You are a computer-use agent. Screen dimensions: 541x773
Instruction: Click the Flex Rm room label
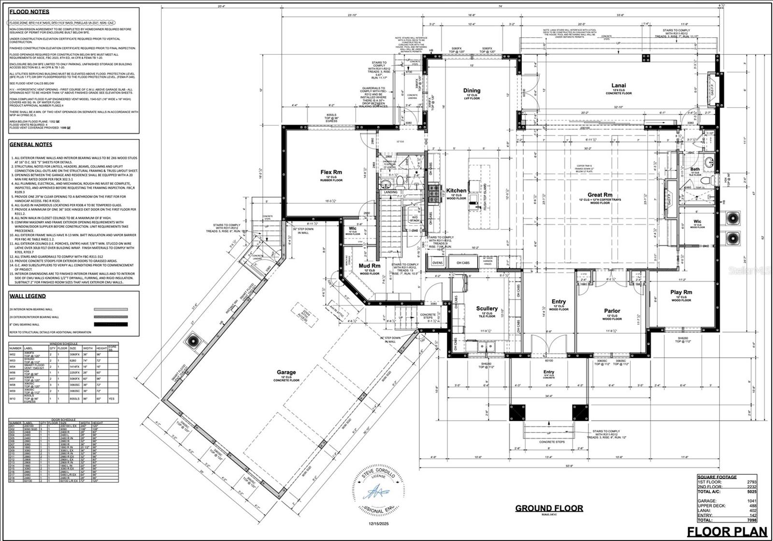331,172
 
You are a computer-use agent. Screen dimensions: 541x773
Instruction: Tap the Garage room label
286,372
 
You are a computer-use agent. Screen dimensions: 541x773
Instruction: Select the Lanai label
618,85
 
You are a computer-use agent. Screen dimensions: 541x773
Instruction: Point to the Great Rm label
600,195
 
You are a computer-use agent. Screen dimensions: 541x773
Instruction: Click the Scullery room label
487,308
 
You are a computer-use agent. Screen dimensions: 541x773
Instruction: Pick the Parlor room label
612,311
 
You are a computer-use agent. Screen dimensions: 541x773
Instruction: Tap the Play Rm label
681,292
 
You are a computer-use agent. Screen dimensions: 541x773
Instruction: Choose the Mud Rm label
370,266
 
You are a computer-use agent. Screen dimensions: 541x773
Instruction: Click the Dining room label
472,90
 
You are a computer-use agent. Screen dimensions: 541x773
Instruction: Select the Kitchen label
456,191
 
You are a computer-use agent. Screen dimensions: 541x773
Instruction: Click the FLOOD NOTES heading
29,12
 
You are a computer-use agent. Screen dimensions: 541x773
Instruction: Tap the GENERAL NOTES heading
31,144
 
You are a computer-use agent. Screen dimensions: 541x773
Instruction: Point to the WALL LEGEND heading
28,296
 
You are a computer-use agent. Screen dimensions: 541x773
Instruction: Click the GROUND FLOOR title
549,508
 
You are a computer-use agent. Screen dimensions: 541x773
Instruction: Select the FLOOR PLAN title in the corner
727,531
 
